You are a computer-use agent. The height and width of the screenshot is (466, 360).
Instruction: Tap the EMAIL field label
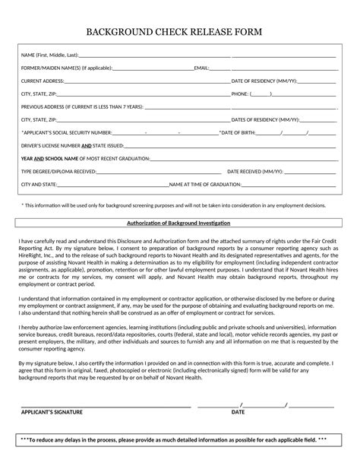pyautogui.click(x=202, y=68)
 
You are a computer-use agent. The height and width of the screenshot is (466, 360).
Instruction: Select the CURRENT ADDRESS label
pyautogui.click(x=43, y=81)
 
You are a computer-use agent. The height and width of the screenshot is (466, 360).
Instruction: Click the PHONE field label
pyautogui.click(x=239, y=94)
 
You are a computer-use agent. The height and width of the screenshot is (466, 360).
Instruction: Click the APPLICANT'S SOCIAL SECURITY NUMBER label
pyautogui.click(x=66, y=132)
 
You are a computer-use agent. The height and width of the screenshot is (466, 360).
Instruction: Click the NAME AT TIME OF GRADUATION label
pyautogui.click(x=205, y=184)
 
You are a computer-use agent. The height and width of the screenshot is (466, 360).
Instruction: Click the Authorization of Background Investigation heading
pyautogui.click(x=178, y=223)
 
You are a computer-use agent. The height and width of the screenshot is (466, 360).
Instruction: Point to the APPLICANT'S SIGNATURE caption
pyautogui.click(x=52, y=411)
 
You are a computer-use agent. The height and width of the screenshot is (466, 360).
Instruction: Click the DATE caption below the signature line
pyautogui.click(x=238, y=411)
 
